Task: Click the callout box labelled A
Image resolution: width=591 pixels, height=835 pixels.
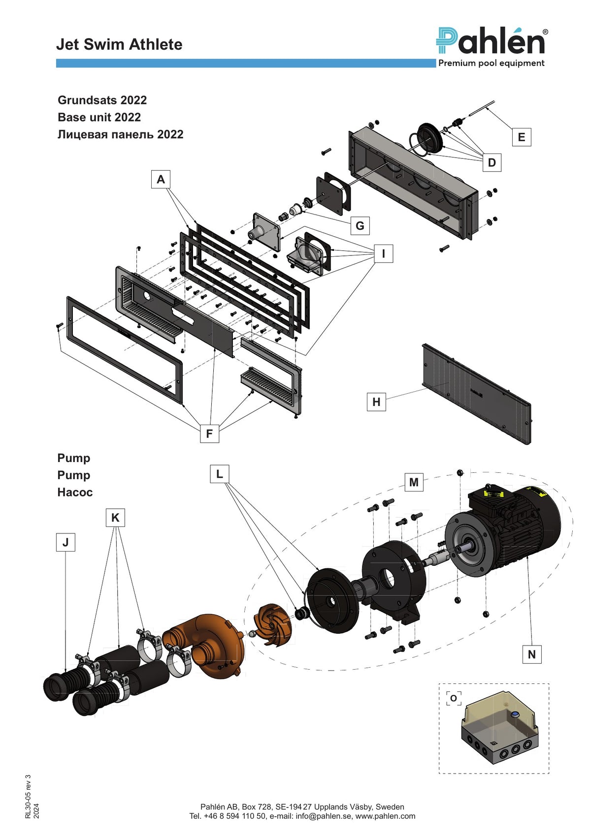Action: coord(161,179)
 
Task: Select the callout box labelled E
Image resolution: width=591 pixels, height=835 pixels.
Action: coord(521,137)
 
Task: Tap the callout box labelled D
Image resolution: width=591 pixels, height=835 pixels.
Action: coord(492,162)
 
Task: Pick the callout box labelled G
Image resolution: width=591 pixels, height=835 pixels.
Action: coord(360,225)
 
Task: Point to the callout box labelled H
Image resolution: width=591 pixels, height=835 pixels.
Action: coord(376,402)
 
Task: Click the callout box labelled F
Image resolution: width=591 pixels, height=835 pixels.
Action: coord(209,433)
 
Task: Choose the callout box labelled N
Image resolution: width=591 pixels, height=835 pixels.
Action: coord(532,654)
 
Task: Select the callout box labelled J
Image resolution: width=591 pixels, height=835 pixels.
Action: coord(66,542)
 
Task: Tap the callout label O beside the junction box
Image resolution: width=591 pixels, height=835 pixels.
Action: coord(454,698)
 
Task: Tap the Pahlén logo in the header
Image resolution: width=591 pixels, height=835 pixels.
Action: coord(492,47)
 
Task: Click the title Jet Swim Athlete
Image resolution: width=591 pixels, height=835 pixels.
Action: coord(119,44)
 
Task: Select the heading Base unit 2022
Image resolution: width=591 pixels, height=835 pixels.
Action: coord(99,117)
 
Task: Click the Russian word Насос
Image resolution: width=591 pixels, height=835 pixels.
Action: coord(75,492)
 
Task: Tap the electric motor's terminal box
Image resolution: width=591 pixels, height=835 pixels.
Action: coord(490,499)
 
